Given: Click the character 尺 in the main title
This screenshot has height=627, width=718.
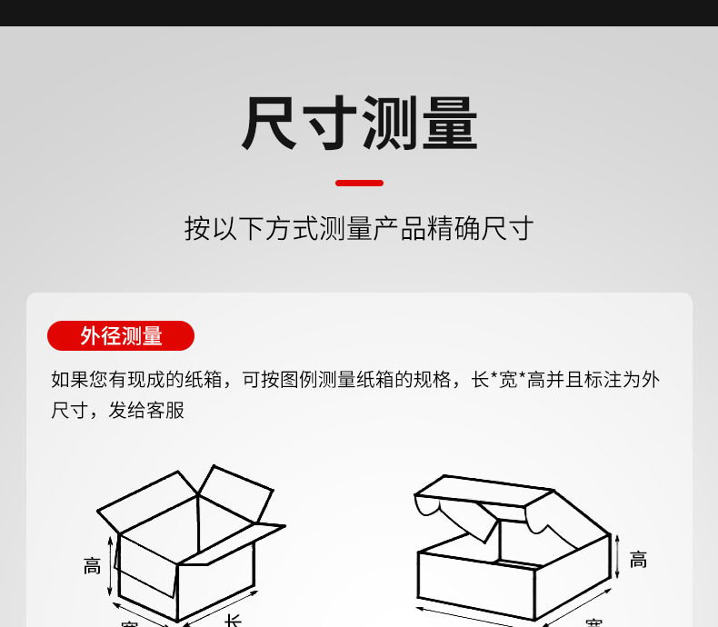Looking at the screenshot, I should point(270,124).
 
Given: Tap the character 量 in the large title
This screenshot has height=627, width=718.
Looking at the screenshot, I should point(448,124).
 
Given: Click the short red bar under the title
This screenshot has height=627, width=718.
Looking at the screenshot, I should point(359,183).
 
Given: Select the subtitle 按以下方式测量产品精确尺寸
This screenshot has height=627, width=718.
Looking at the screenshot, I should point(359,228).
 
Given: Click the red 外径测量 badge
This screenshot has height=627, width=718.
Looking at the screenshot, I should point(121,336).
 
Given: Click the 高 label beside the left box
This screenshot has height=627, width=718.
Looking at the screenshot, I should point(93,566).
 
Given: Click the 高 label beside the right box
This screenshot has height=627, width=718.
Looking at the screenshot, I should point(638,560).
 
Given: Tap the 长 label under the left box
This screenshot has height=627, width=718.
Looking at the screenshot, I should point(234,620).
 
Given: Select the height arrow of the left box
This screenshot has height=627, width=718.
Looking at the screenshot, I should point(112,565).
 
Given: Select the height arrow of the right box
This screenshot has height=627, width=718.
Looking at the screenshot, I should point(618,556).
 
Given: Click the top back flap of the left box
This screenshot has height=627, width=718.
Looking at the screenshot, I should point(234,492).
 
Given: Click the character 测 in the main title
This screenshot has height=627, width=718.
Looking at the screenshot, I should point(388,124).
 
